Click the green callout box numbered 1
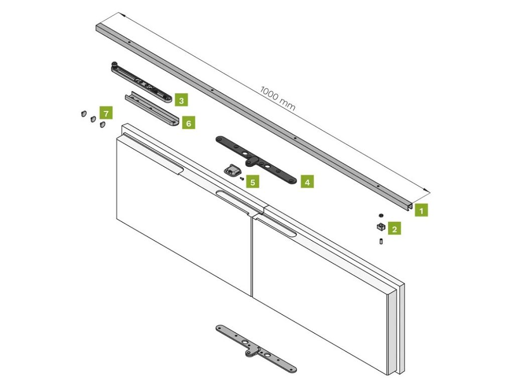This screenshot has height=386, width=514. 421,210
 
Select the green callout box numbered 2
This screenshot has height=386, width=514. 395,229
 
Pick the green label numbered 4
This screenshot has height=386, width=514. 307,181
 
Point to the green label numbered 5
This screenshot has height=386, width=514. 252,181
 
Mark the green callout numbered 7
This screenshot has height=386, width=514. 106,113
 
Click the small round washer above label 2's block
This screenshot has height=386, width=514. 381,215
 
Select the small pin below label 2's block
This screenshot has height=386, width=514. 381,241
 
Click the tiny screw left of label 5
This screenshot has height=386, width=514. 242,178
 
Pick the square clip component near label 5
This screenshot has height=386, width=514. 232,170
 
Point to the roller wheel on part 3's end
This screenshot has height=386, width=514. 114,64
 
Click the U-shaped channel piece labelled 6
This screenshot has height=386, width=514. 152,109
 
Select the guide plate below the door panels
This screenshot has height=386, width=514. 256,349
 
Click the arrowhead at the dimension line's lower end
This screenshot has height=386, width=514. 426,190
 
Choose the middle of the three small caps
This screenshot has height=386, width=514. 93,119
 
